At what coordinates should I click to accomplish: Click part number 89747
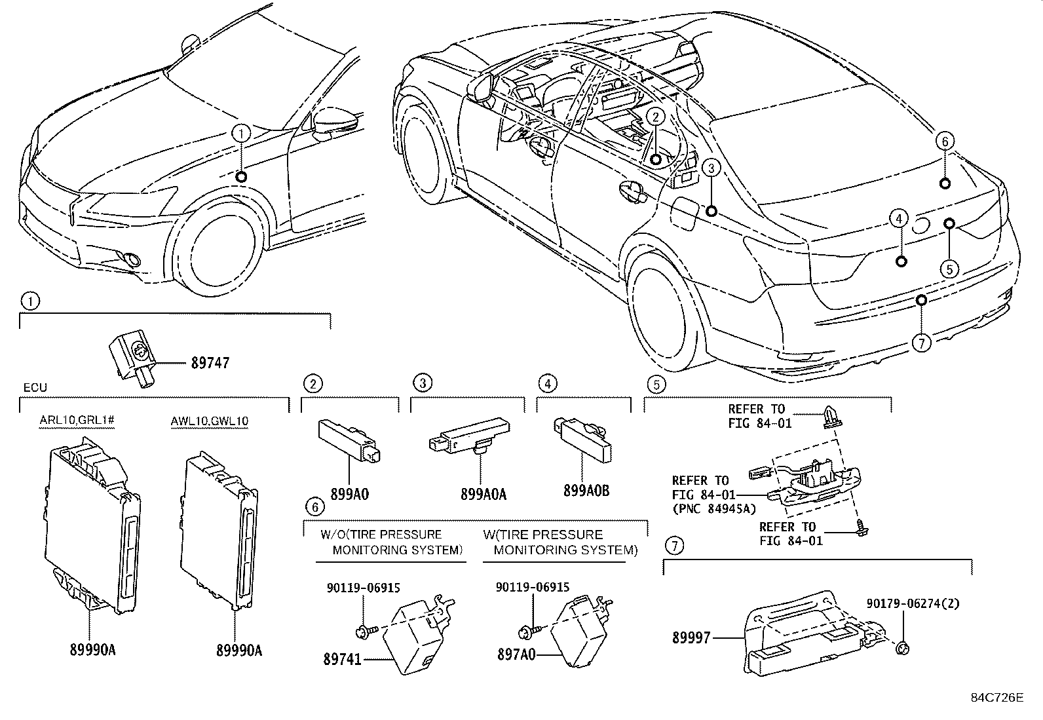click(x=210, y=363)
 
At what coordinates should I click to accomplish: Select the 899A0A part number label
click(x=484, y=494)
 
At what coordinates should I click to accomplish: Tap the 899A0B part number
click(x=586, y=491)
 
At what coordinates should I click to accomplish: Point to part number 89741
click(x=342, y=659)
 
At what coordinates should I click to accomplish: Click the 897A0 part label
click(x=516, y=654)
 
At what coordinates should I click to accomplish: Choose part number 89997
click(x=691, y=637)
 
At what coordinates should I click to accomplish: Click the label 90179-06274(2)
click(x=913, y=603)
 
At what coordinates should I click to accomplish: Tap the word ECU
click(x=35, y=387)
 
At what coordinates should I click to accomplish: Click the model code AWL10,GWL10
click(x=210, y=421)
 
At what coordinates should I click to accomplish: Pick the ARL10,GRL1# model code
click(x=77, y=420)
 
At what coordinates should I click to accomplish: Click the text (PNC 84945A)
click(x=714, y=508)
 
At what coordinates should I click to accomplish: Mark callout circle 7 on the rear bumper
click(x=922, y=343)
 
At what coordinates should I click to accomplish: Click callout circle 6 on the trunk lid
click(x=945, y=141)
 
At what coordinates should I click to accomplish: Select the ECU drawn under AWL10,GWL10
click(x=219, y=530)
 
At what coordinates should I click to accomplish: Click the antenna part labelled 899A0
click(x=349, y=440)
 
